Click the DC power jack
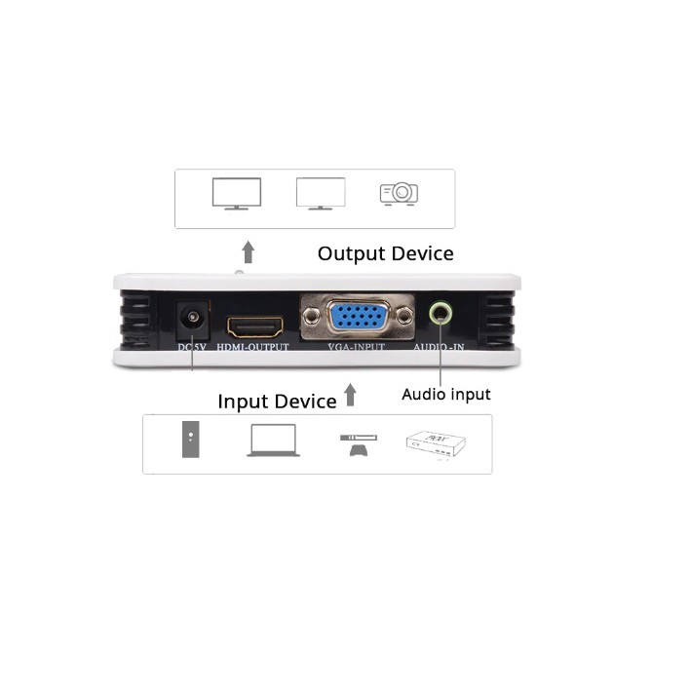[x=192, y=318]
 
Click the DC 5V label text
[x=192, y=347]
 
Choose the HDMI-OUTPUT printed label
[x=253, y=347]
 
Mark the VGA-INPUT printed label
[x=357, y=347]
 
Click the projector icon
[x=399, y=193]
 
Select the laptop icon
[x=273, y=441]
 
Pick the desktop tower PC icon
[x=193, y=441]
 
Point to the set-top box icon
[x=435, y=444]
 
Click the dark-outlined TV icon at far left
[x=236, y=193]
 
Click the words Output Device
[x=385, y=253]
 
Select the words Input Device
[x=277, y=402]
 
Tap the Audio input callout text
[x=446, y=395]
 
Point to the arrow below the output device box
[x=249, y=252]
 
